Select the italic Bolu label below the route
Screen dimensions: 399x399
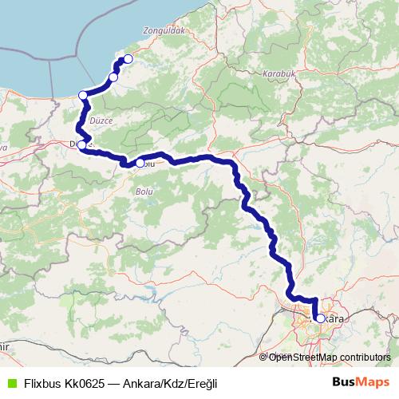click(144, 192)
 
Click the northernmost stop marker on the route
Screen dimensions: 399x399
click(127, 59)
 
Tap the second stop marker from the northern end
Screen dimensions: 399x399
click(113, 77)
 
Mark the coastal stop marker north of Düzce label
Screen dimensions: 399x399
click(83, 96)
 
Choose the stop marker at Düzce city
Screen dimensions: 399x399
click(82, 145)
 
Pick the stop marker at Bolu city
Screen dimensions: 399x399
click(140, 164)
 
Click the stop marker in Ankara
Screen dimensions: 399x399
click(320, 318)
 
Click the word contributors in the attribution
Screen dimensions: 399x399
click(361, 358)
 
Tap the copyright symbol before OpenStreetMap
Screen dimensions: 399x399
click(263, 358)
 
